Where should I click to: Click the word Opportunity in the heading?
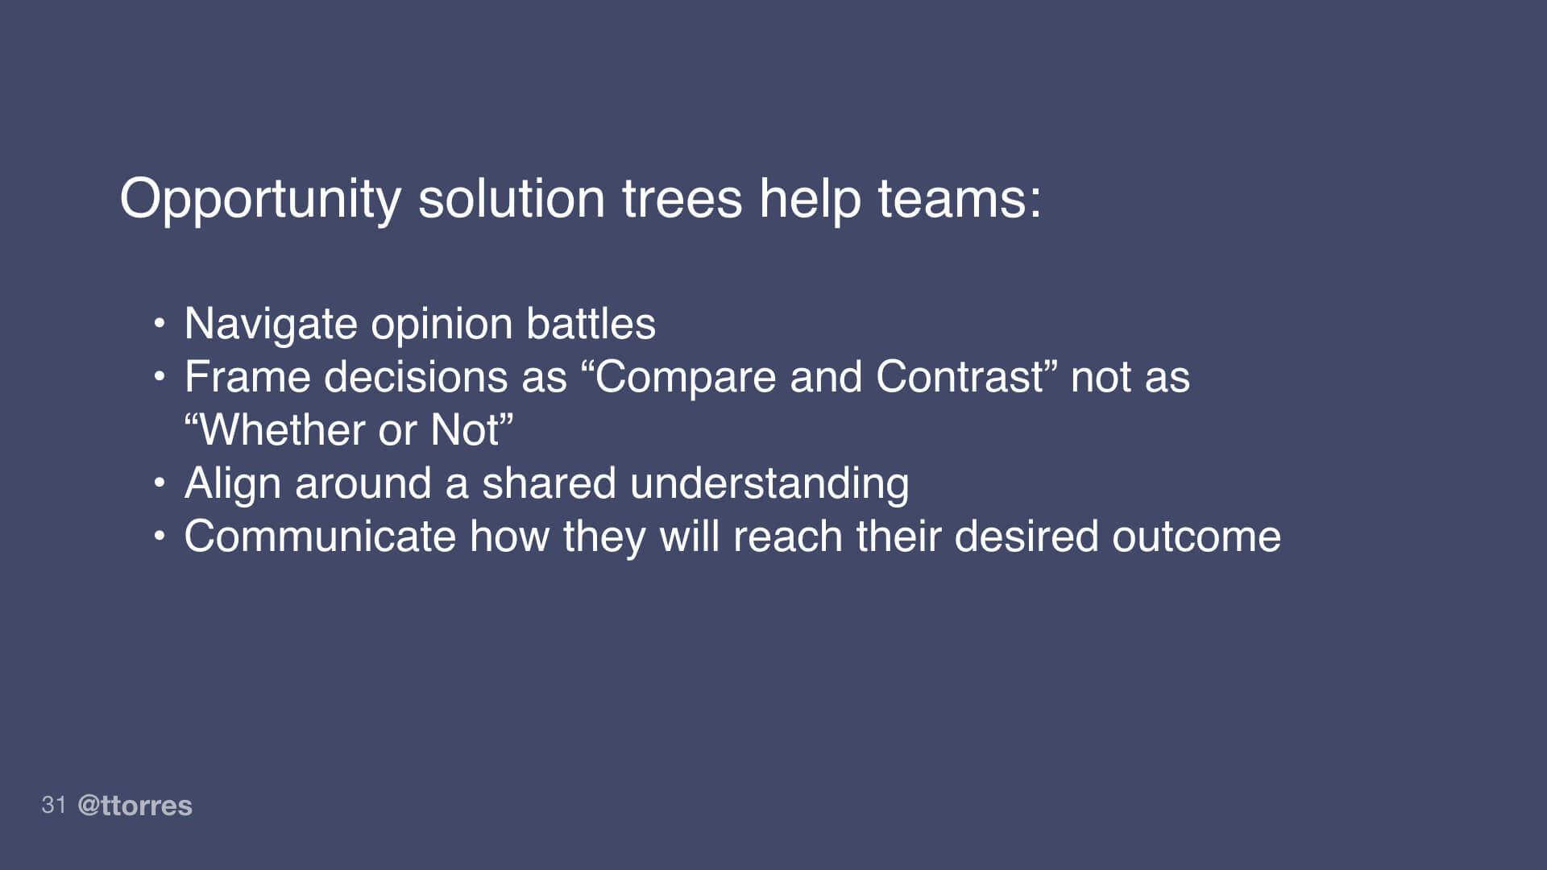[259, 200]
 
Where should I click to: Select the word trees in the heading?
[682, 198]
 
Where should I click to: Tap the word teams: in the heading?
[959, 198]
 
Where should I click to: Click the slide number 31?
[53, 805]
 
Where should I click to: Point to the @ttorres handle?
[135, 806]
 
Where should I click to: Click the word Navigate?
[271, 325]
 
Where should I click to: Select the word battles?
[591, 324]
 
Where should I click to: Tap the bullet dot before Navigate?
[160, 324]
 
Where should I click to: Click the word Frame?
[247, 377]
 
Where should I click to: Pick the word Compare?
[685, 377]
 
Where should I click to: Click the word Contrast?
[959, 377]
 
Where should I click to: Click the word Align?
[233, 483]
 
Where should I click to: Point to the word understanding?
[769, 485]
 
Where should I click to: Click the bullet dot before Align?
[160, 483]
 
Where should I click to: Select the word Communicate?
[320, 536]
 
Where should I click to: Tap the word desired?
[1026, 536]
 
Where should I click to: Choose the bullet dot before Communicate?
[160, 536]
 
